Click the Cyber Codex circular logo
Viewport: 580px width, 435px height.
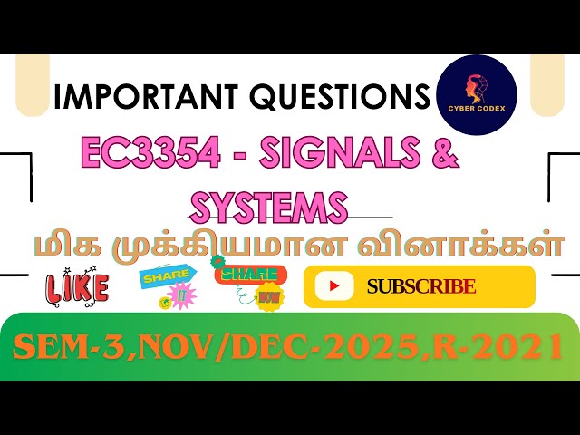click(477, 95)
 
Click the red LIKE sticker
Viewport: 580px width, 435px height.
click(77, 288)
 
